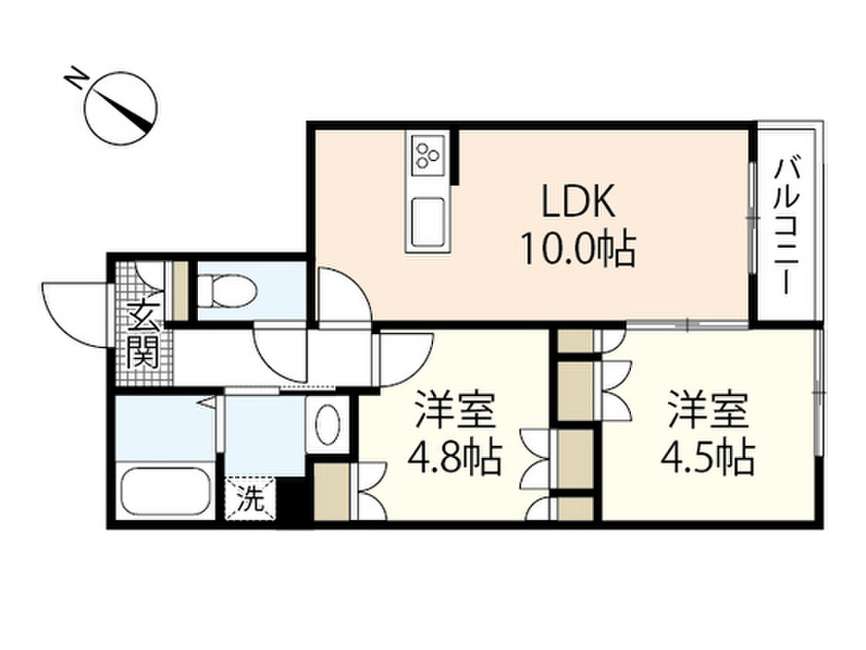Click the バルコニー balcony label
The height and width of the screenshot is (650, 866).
point(787,224)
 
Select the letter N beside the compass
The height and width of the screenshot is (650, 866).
point(75,80)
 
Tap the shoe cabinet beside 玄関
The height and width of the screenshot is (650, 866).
point(179,292)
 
